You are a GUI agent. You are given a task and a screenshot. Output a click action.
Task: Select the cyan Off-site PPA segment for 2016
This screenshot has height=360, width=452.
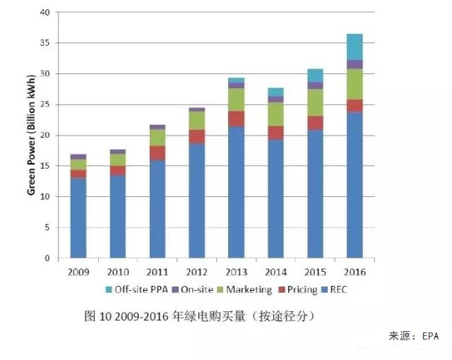(x=355, y=47)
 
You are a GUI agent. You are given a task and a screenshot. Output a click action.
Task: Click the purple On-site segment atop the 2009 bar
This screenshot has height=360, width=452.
(x=78, y=157)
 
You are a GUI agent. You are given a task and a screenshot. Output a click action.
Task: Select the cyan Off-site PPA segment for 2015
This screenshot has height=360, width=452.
(x=315, y=76)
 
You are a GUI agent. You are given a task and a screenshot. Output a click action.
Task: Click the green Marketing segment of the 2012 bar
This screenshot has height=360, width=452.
(x=197, y=121)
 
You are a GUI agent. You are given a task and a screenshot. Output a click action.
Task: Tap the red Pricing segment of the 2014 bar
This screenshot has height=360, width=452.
(x=275, y=133)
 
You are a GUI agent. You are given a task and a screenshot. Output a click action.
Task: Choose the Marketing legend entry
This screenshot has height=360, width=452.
(x=244, y=289)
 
